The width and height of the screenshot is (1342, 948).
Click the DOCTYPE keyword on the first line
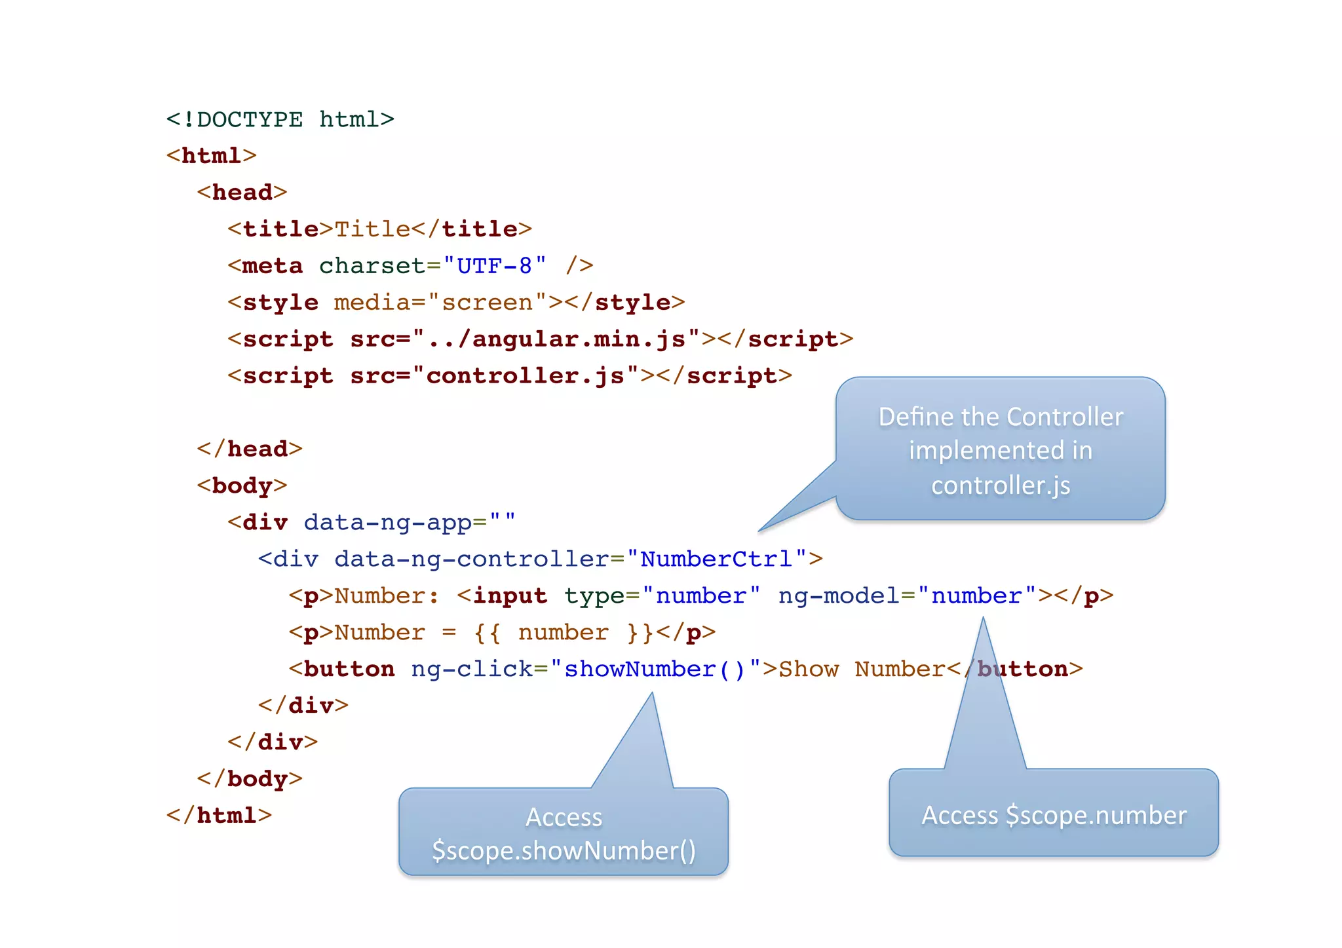[x=249, y=120]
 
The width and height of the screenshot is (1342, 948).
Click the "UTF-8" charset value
[x=495, y=266]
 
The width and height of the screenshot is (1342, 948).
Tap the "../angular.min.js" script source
[x=556, y=339]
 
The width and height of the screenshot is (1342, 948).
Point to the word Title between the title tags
[x=372, y=229]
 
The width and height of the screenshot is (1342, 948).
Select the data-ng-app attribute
[x=387, y=523]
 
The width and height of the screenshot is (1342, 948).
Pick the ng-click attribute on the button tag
[x=471, y=670]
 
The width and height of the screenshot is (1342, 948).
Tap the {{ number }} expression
[x=563, y=633]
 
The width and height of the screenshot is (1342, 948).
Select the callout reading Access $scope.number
[x=1053, y=814]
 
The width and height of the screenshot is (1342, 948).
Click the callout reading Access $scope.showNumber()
[x=564, y=833]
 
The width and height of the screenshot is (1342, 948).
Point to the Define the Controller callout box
[x=1001, y=450]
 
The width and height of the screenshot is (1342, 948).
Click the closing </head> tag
[x=250, y=449]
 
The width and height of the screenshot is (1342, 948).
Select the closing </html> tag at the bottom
[x=219, y=816]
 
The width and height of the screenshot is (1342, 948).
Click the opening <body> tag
[x=242, y=486]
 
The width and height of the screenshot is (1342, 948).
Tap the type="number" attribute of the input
[x=662, y=596]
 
